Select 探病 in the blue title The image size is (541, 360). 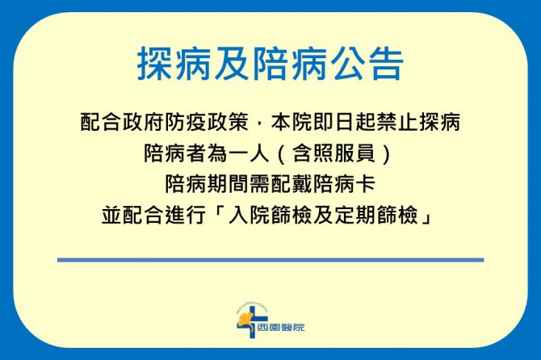click(174, 65)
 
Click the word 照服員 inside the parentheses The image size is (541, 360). click(334, 153)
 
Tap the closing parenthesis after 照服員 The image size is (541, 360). click(387, 154)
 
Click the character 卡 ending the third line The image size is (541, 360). click(366, 184)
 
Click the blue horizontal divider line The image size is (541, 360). click(270, 260)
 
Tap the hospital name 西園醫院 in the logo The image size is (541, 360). click(281, 327)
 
